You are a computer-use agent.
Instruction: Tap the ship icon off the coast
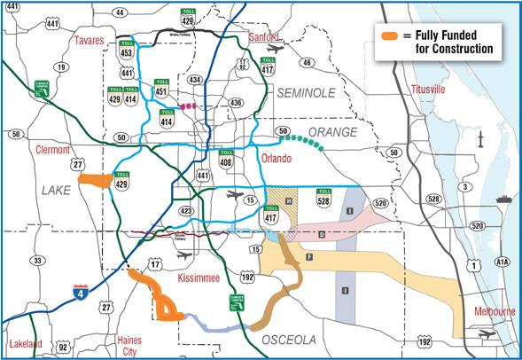tap(503, 200)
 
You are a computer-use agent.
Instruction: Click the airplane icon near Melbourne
tap(484, 335)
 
